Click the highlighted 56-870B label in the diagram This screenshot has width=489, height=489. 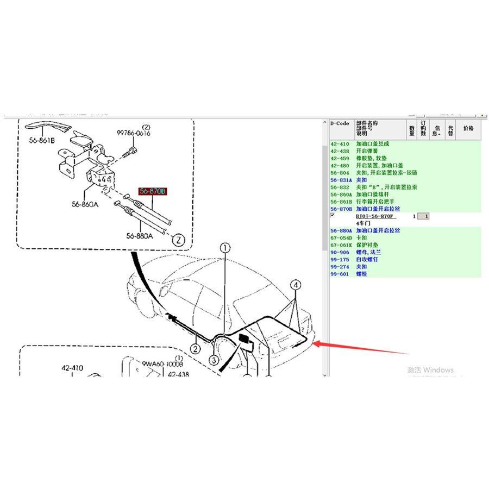coord(153,191)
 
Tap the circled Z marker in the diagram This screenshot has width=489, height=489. coord(177,239)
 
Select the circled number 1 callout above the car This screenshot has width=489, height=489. coord(225,248)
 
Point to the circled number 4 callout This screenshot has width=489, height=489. coord(296,285)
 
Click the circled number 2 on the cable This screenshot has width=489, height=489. coord(195,348)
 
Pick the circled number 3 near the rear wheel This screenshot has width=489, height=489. coord(215,360)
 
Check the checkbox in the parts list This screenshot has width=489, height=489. coord(333,216)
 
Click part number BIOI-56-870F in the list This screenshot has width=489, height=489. coord(375,216)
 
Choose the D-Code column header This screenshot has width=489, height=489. coord(340,123)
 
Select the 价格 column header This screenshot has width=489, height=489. coord(468,128)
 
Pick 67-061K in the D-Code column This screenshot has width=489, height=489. coord(341,245)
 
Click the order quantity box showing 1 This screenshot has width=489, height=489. coord(427,216)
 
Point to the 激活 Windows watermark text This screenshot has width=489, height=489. coord(430,370)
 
